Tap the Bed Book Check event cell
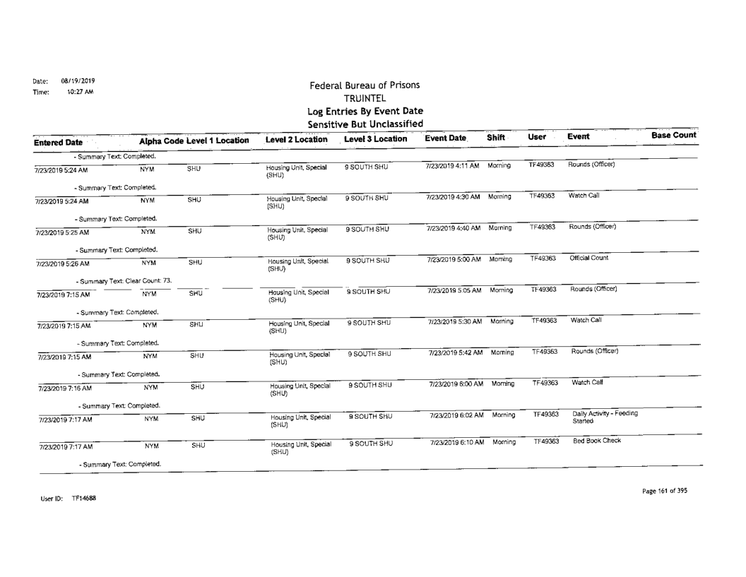pos(591,440)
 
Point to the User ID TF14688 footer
pos(42,498)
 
